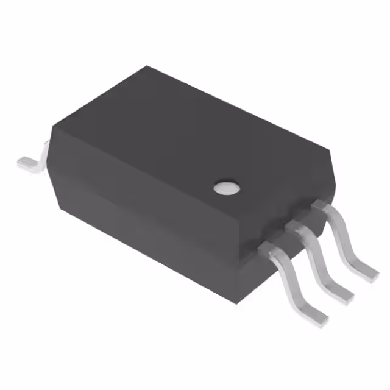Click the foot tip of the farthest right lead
pyautogui.click(x=369, y=271)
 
